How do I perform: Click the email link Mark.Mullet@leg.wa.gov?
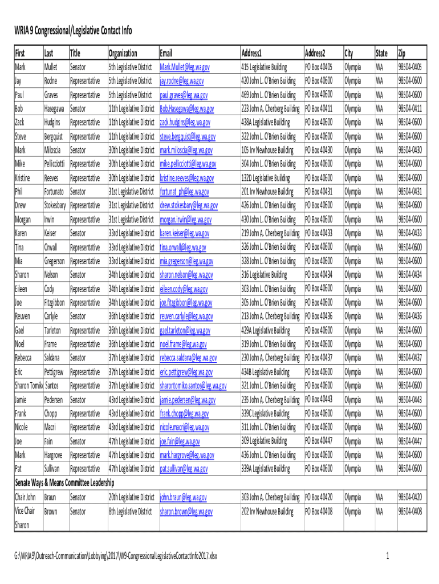coord(185,67)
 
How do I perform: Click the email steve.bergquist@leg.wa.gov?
coord(188,136)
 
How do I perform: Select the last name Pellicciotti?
coord(55,164)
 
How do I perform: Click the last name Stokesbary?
coord(56,205)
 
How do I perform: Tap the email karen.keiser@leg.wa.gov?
coord(185,233)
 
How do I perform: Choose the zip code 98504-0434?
coord(410,274)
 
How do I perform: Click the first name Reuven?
coord(23,316)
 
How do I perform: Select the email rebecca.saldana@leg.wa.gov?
coord(188,358)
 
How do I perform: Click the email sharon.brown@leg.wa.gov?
coord(184,511)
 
